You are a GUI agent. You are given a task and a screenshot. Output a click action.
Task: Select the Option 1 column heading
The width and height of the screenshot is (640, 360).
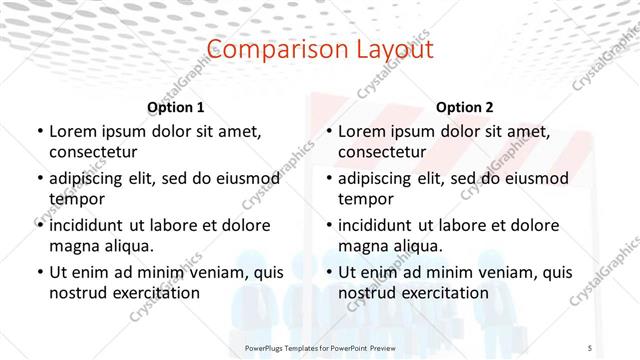[176, 107]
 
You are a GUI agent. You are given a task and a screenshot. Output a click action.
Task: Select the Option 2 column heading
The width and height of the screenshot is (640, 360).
[465, 107]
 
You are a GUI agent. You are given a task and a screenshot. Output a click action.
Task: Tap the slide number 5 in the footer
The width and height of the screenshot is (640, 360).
[590, 348]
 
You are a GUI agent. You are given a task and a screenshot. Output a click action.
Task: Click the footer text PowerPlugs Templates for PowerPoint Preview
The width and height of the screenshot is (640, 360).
[319, 348]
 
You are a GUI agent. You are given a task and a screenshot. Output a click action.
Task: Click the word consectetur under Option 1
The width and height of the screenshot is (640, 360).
[93, 152]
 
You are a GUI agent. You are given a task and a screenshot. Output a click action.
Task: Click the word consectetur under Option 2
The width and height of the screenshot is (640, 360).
[382, 152]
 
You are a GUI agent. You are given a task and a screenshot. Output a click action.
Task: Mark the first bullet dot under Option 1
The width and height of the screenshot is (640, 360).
[39, 131]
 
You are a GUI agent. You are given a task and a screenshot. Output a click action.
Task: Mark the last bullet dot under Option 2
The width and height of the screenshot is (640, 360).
[328, 272]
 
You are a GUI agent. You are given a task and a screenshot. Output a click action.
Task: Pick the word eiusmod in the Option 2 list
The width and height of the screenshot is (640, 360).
[534, 179]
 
